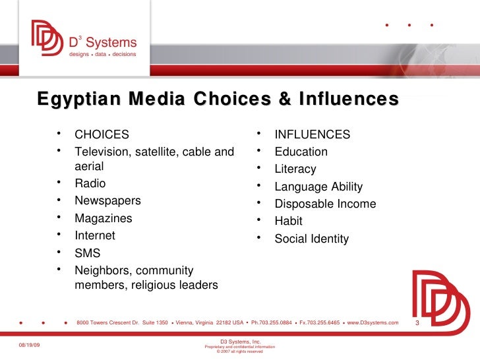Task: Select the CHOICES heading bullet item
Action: pos(102,135)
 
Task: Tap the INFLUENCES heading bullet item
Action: pos(312,135)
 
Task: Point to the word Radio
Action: pos(90,184)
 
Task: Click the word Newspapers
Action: pos(107,201)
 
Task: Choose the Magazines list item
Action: pos(103,218)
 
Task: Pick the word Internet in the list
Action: pos(94,235)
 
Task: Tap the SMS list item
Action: pos(87,253)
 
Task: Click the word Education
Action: pos(301,152)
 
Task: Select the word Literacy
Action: pos(295,169)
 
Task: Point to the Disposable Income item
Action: pos(325,204)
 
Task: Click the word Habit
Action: pos(288,222)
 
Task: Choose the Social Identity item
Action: pos(311,239)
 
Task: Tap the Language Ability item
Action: pos(318,187)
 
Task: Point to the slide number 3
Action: pos(417,323)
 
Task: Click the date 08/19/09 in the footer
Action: pos(28,345)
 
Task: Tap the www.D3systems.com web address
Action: pos(373,322)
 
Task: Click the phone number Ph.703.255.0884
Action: pos(272,322)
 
